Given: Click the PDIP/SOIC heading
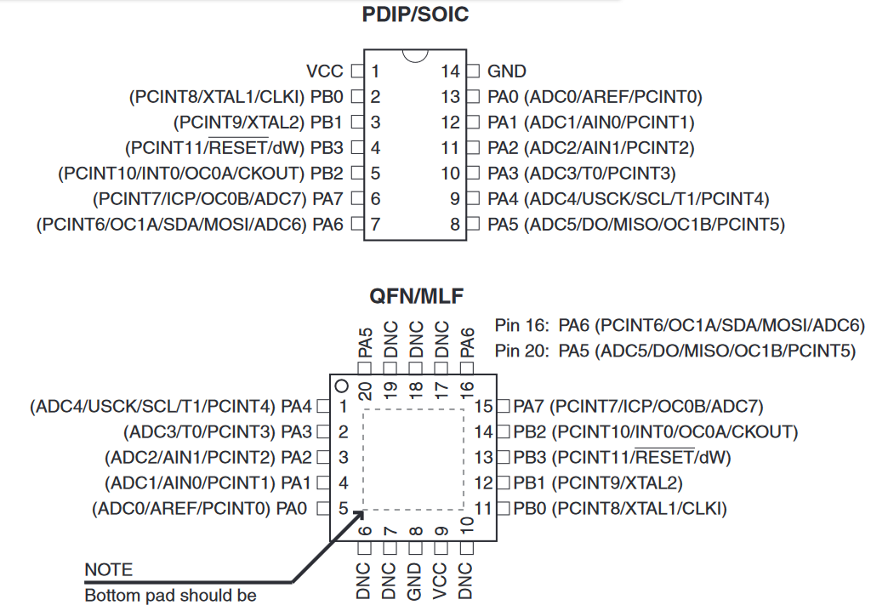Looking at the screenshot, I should coord(415,14).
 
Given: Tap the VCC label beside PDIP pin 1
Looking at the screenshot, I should coord(324,71).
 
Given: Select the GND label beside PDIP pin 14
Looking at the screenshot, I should coord(507,71).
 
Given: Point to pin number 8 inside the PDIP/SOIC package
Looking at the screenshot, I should coord(455,225).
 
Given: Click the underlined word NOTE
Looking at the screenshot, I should coord(109,569).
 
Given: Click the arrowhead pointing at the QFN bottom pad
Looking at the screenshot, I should coord(358,513).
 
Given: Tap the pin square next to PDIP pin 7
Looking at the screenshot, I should coord(357,225).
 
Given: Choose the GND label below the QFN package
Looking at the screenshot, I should coord(415,581).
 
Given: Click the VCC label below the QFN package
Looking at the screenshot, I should coord(441,581).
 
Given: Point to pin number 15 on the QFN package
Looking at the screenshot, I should coord(483,406).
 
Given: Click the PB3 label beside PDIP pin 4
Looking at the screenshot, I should coord(327,148).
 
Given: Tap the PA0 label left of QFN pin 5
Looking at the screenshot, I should coord(298,509).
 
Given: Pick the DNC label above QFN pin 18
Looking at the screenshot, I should coord(416,339).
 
